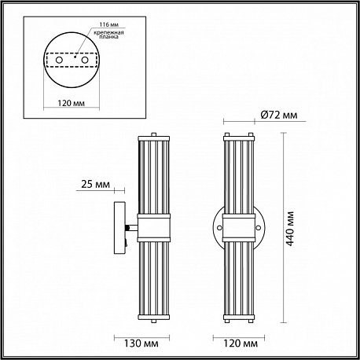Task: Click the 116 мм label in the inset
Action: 108,24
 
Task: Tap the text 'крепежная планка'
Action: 108,35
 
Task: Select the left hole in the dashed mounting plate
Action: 59,60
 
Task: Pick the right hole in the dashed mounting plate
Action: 84,60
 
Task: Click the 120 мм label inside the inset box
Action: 72,103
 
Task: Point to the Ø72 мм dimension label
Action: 279,115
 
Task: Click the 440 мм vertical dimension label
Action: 290,229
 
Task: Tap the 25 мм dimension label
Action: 95,184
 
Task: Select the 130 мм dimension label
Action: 141,343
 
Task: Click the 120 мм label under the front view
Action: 241,343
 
